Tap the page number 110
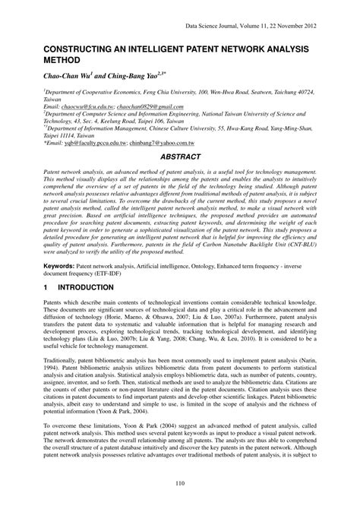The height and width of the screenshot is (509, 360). pyautogui.click(x=180, y=483)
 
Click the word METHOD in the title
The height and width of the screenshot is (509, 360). pyautogui.click(x=45, y=58)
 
